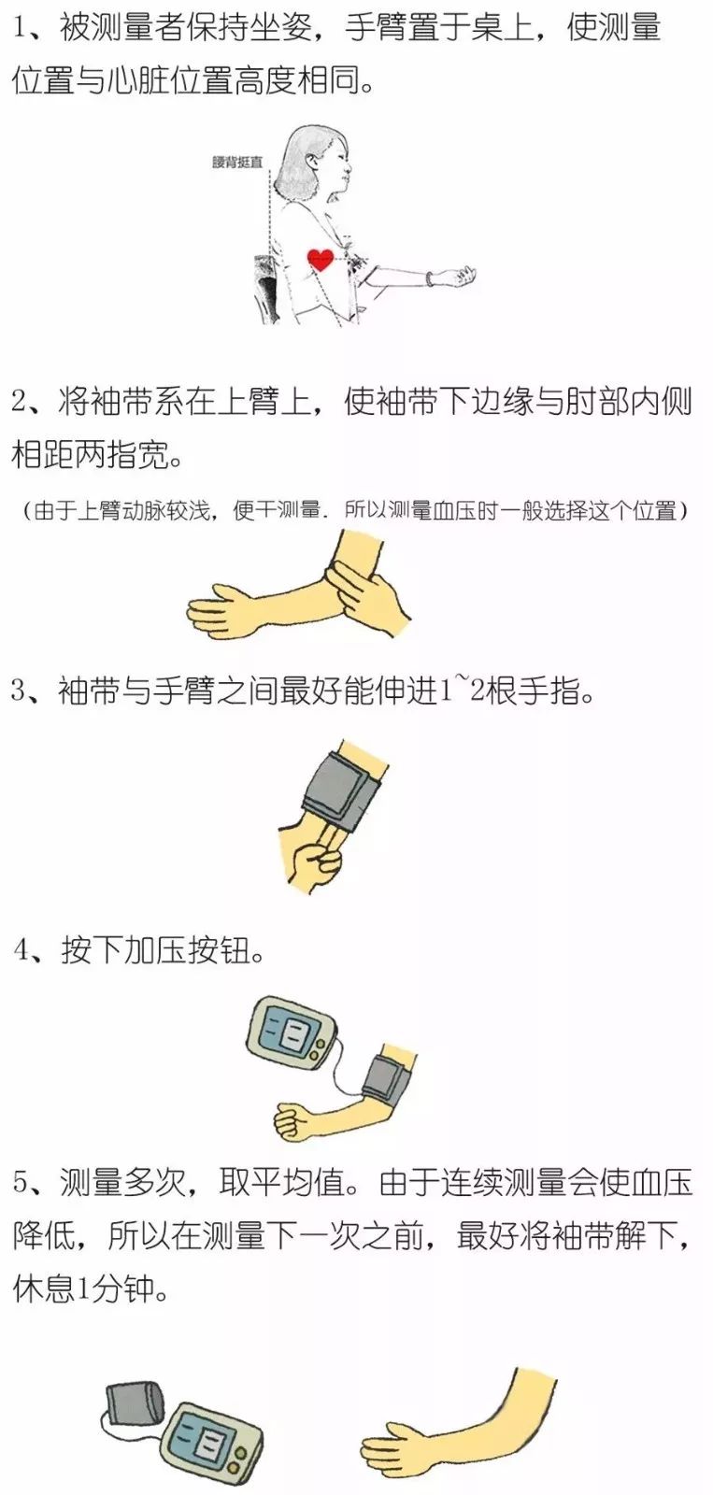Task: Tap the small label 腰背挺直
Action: coord(237,163)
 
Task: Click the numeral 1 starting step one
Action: coord(21,29)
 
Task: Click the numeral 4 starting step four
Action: coord(21,950)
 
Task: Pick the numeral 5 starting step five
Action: coord(21,1183)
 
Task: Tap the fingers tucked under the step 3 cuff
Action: coord(328,837)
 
